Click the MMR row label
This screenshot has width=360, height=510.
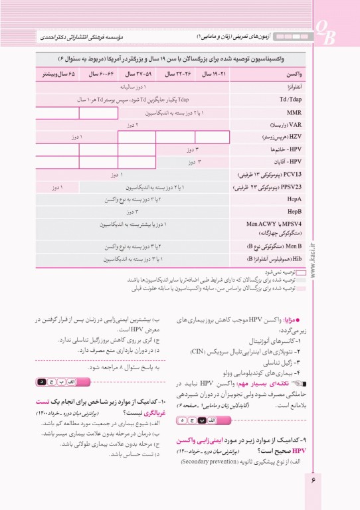293,113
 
